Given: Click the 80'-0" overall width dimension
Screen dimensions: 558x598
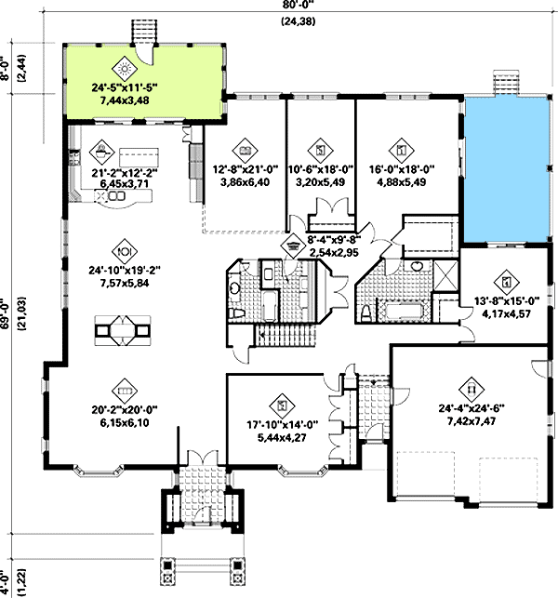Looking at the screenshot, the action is [x=299, y=4].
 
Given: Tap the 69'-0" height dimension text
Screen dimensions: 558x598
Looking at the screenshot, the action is [x=5, y=312].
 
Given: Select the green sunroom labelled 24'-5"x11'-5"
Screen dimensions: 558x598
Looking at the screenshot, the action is [x=143, y=83].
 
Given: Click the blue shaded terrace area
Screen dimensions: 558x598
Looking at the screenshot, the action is [x=507, y=169].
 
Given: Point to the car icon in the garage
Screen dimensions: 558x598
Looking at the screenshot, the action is [x=472, y=390].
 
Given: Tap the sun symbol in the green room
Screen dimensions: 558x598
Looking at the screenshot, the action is [x=125, y=69].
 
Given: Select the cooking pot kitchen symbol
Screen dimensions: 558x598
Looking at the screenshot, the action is [x=101, y=152].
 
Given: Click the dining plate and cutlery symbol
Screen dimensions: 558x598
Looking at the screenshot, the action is [x=125, y=251].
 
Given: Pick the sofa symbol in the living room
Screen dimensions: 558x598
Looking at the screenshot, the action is [x=125, y=391].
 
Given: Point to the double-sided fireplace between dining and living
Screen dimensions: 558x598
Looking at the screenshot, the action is [x=123, y=331].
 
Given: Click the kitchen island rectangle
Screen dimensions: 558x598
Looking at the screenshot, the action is [x=139, y=157].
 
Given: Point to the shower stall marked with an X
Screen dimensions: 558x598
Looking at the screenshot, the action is [x=445, y=275].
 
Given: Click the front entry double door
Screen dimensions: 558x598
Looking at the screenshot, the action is [x=202, y=458].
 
